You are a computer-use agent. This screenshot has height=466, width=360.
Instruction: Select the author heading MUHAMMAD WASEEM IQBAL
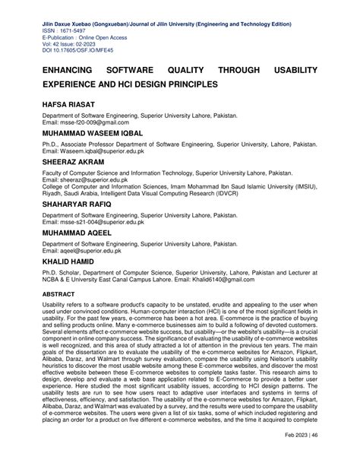click(x=99, y=132)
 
